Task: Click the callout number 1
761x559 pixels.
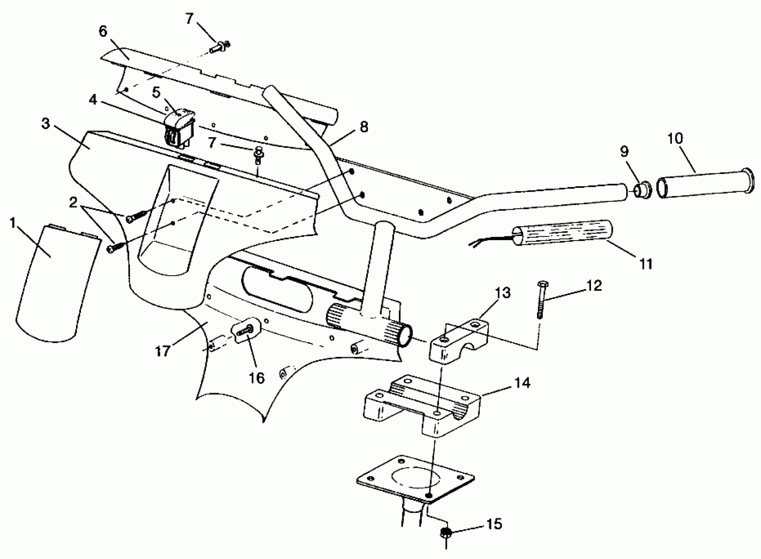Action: point(13,223)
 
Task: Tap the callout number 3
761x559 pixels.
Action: point(45,124)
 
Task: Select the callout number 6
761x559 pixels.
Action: point(103,32)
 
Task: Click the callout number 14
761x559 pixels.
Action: point(522,383)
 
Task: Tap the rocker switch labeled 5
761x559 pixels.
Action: point(179,127)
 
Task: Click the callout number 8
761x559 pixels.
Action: point(364,127)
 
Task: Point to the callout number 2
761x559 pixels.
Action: point(73,203)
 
